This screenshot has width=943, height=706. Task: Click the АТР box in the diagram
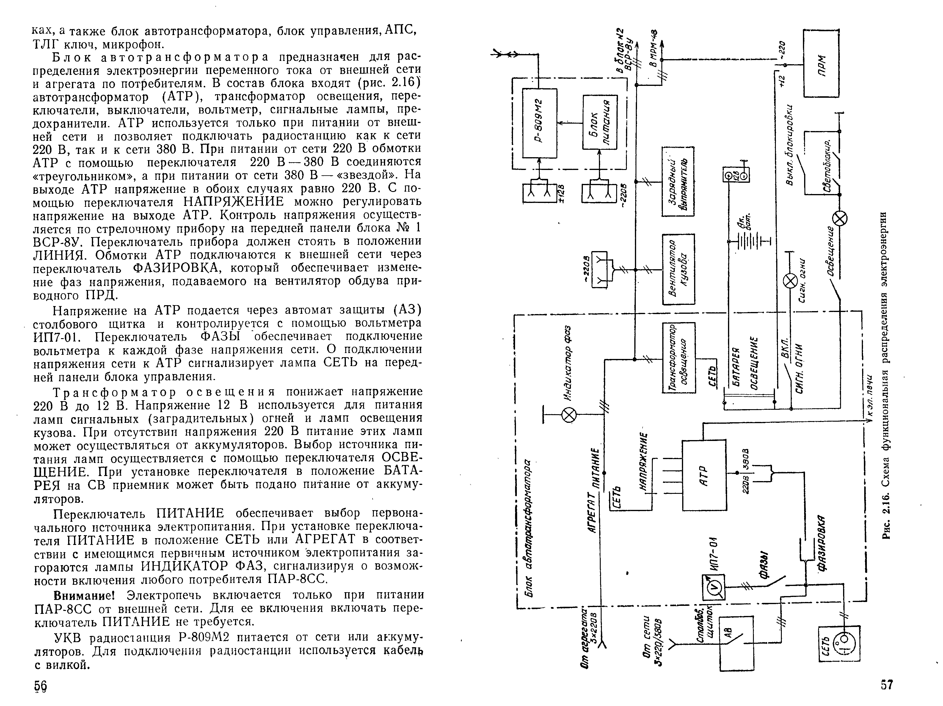(704, 475)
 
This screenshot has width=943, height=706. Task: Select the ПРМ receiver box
(821, 63)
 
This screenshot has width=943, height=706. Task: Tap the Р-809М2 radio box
(540, 123)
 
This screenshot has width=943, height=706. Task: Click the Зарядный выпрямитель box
(678, 182)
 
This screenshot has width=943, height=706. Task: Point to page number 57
(887, 685)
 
